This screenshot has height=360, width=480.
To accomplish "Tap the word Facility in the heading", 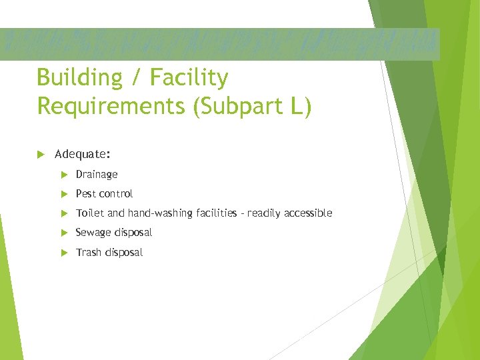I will tap(189, 79).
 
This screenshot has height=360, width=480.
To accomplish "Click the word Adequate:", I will tap(83, 154).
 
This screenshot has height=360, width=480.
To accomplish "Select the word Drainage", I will tap(97, 175).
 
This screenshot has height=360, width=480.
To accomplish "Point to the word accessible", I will tap(308, 213).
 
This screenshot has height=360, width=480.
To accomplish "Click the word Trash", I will tap(88, 252).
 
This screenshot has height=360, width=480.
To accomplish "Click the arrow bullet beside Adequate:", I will tap(41, 154).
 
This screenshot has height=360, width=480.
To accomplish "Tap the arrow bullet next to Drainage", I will tap(64, 175).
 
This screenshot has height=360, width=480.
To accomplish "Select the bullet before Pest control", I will tap(64, 194).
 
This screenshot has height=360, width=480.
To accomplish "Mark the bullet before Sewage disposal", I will tap(64, 233).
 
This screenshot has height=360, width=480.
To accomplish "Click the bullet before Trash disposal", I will tap(64, 252).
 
